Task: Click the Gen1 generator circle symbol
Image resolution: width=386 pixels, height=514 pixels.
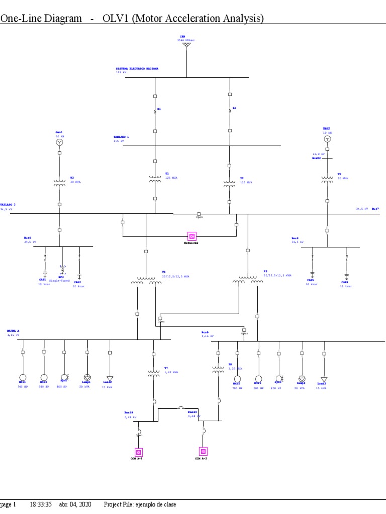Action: pos(59,143)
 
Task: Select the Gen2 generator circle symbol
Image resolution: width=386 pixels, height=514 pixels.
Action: pos(327,139)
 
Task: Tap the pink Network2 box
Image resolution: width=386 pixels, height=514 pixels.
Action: pos(191,236)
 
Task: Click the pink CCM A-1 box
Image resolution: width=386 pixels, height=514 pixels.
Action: pos(138,451)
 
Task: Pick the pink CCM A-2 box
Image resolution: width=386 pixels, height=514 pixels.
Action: pos(203,451)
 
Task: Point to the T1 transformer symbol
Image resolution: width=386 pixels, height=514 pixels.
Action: pos(155,178)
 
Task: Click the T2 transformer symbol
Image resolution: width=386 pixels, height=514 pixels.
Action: pos(230,183)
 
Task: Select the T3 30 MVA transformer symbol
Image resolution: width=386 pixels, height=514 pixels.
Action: pos(59,183)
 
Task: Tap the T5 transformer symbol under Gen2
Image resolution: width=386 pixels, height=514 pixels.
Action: pos(327,179)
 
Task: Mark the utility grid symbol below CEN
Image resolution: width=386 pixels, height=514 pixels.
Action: pos(186,45)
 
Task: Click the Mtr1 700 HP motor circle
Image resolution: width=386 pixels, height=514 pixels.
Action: pos(23,377)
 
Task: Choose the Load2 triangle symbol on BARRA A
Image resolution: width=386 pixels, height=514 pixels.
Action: pos(110,378)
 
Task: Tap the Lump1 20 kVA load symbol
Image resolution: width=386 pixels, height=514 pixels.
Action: pos(87,377)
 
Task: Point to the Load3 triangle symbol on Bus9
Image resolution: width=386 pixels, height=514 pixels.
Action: pos(324,379)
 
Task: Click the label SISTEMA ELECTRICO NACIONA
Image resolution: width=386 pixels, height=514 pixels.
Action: pos(137,68)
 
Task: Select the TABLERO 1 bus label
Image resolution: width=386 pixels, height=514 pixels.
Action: pos(121,137)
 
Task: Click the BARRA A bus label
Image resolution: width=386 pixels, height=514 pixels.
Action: pos(13,331)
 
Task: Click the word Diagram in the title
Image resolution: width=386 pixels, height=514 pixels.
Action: pos(62,19)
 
